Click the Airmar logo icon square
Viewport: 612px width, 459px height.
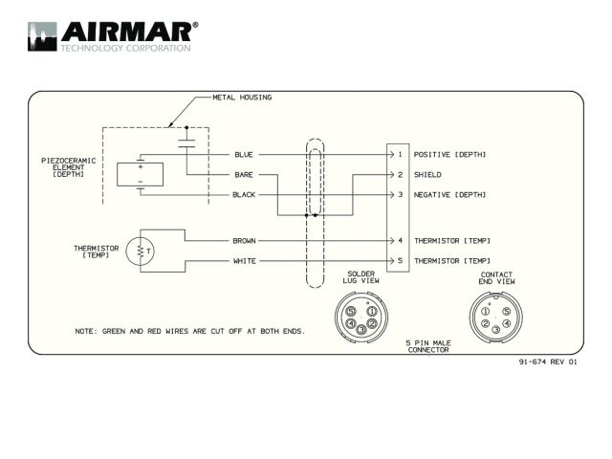point(42,36)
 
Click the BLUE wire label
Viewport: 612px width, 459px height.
point(244,155)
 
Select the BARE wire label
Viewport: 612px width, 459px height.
point(244,175)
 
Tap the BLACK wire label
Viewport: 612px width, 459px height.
point(244,195)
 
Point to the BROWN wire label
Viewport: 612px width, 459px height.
point(245,241)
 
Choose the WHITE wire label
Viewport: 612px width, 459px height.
point(245,261)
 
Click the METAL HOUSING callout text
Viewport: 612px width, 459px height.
point(242,98)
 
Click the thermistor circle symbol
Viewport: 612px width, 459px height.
point(141,251)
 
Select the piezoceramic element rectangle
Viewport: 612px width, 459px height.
point(141,174)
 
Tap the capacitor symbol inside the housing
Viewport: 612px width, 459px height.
point(186,143)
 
